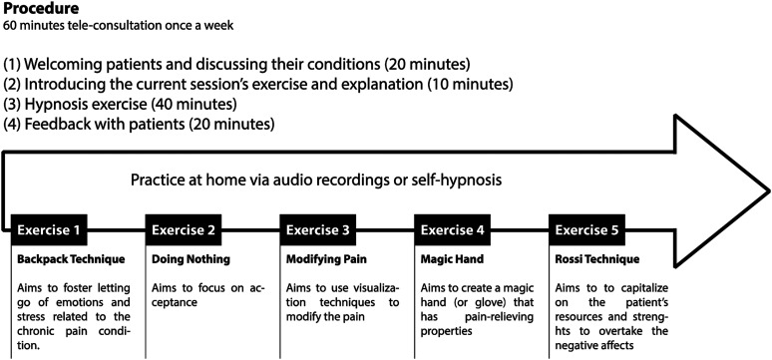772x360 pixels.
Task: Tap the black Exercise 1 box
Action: [49, 230]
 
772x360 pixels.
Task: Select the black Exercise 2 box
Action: [184, 230]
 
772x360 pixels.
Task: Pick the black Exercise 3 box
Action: [318, 230]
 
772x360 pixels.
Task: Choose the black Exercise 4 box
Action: [453, 230]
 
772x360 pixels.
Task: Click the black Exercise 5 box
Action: [586, 230]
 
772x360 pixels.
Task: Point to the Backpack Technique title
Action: [71, 259]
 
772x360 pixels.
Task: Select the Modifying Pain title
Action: [325, 259]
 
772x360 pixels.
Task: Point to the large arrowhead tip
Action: [769, 189]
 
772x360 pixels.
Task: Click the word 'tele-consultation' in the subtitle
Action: [93, 26]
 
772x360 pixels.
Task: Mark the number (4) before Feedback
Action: [11, 124]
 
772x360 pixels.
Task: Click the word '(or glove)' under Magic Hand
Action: [463, 303]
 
